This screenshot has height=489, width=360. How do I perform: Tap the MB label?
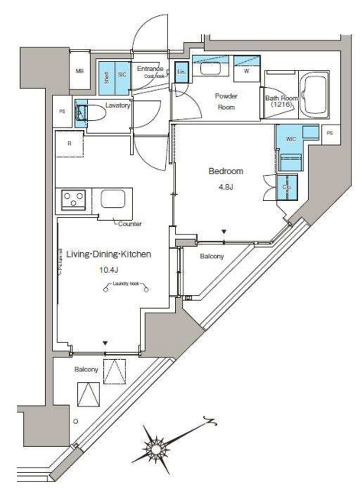pos(79,72)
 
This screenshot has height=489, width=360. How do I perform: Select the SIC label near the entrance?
pos(122,73)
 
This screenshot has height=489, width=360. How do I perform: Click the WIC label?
pos(290,139)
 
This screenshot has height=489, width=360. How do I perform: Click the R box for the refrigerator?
pos(69,143)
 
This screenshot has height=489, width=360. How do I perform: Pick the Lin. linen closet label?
pos(181,71)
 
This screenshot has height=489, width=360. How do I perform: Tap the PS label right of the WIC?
pos(329,133)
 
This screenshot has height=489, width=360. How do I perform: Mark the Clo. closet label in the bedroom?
pos(287,186)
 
